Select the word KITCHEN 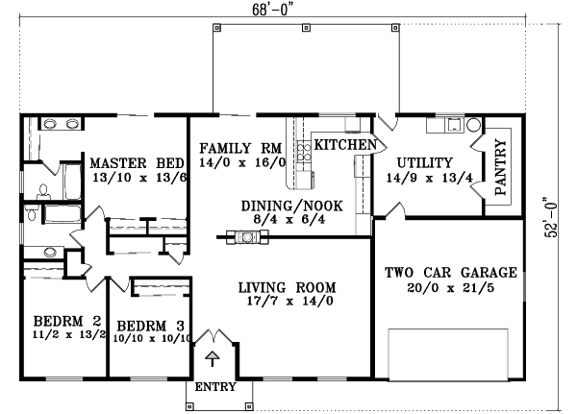point(346,144)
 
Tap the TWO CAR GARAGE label point(450,272)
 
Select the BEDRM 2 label point(54,321)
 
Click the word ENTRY point(213,388)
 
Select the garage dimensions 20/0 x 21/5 point(450,288)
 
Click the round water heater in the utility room point(471,125)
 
